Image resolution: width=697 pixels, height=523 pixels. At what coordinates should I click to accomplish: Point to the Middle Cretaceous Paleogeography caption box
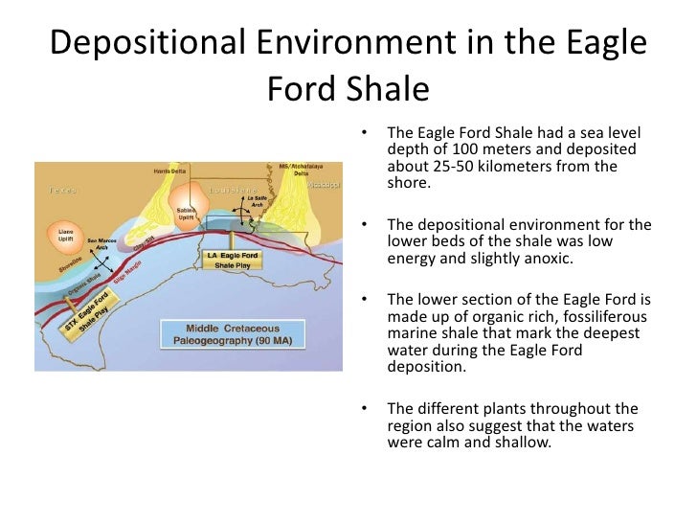click(219, 333)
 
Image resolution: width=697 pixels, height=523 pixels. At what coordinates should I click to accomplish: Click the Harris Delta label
click(169, 171)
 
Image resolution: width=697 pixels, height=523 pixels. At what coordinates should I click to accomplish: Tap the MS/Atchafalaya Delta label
click(294, 170)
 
